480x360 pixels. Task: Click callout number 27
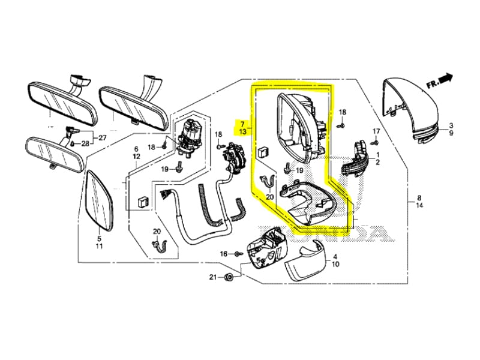103,137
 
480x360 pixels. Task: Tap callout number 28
85,143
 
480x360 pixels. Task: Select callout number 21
212,277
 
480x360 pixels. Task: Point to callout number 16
223,254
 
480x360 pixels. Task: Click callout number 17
376,131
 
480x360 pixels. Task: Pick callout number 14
419,205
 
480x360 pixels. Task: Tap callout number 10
335,263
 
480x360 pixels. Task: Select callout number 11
99,246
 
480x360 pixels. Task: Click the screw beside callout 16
238,254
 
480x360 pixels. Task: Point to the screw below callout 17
376,142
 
